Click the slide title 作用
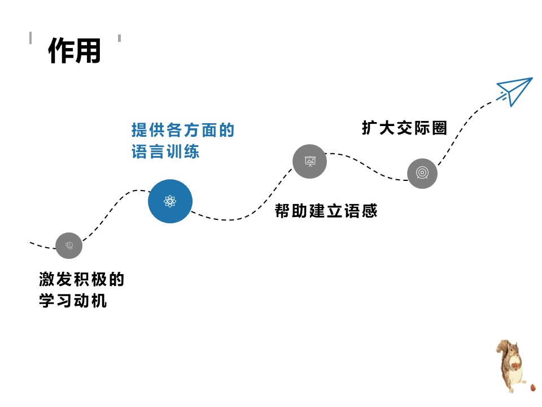coord(74,51)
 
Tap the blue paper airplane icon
coord(515,90)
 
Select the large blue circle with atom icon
coord(170,201)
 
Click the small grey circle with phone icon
coord(69,245)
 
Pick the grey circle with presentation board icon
coord(309,161)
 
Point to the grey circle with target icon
coord(422,173)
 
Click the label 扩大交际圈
coord(404,128)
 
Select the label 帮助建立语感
coord(326,211)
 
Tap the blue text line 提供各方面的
coord(182,131)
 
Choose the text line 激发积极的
coord(81,279)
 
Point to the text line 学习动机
coord(73,301)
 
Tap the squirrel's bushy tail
coord(501,353)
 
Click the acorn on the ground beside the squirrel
coord(533,388)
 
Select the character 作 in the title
coord(61,51)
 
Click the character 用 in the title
coord(88,51)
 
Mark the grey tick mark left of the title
coord(30,38)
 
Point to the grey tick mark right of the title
coord(119,38)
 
